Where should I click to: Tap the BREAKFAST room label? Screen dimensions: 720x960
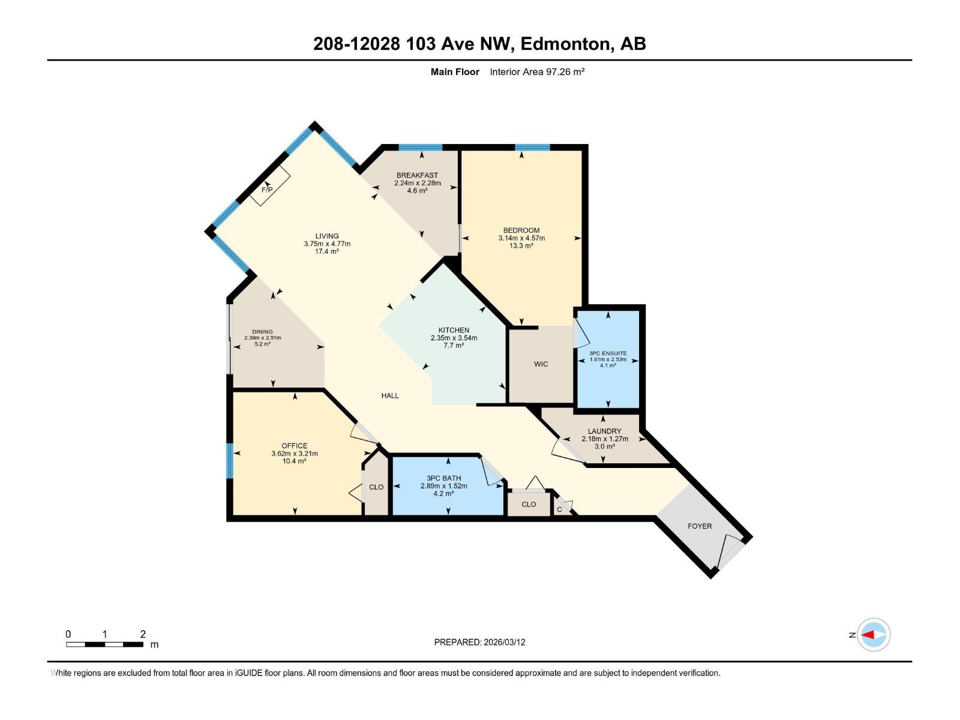coord(417,175)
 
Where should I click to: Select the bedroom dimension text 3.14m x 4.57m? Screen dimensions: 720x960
coord(521,238)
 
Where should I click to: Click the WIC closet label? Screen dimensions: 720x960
coord(541,364)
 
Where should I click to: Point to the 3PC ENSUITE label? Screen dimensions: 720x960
coord(608,353)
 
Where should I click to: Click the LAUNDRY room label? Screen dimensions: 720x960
coord(604,431)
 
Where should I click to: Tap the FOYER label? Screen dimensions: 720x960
coord(700,526)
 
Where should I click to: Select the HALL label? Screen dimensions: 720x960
coord(390,395)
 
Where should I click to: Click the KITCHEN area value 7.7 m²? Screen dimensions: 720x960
coord(454,346)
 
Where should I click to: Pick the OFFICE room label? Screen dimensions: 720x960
coord(294,446)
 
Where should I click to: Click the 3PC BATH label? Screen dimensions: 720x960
coord(443,478)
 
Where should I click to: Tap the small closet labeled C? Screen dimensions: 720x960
coord(559,510)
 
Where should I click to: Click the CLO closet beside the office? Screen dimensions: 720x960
coord(376,487)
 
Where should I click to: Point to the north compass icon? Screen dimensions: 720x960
coord(873,634)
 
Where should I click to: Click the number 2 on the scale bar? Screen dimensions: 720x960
coord(143,634)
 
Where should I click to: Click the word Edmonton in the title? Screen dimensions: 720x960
coord(566,44)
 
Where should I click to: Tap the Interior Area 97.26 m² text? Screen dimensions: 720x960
coord(537,72)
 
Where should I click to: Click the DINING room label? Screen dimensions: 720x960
coord(262,332)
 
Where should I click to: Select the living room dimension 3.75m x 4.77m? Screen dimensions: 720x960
coord(327,244)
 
